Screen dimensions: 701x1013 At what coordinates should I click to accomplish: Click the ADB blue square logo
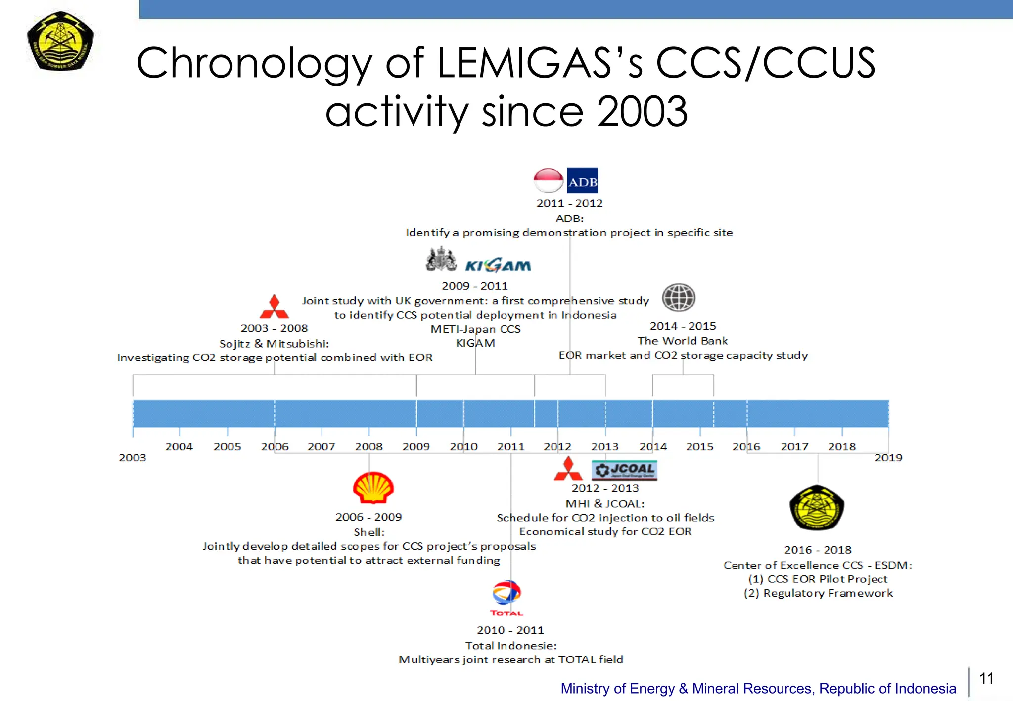[582, 180]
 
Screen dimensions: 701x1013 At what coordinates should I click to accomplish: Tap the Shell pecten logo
[373, 487]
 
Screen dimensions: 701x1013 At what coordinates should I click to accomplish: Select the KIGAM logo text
[498, 265]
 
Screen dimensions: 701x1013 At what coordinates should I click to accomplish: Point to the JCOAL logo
[624, 470]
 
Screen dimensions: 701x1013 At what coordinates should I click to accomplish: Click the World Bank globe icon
[679, 298]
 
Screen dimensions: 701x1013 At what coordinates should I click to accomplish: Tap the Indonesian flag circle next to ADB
[548, 180]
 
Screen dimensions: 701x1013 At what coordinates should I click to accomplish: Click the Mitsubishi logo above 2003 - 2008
[274, 307]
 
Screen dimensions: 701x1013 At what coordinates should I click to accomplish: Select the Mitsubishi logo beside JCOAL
[568, 469]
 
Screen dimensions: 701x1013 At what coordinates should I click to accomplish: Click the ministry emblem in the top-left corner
[60, 41]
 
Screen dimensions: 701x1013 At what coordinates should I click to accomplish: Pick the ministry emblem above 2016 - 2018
[817, 508]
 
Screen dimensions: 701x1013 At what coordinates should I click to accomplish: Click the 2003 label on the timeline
[132, 458]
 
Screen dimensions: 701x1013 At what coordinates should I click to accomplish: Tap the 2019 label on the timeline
[888, 458]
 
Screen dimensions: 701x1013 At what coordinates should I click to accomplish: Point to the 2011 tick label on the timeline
[510, 447]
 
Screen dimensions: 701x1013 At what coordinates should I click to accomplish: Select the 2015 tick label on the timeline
[699, 447]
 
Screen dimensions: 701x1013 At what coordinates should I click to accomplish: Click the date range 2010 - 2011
[510, 630]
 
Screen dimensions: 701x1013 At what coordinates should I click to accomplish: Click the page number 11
[986, 678]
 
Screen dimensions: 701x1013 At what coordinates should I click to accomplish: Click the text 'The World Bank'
[683, 341]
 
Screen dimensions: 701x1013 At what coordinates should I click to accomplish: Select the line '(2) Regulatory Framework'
[818, 593]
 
